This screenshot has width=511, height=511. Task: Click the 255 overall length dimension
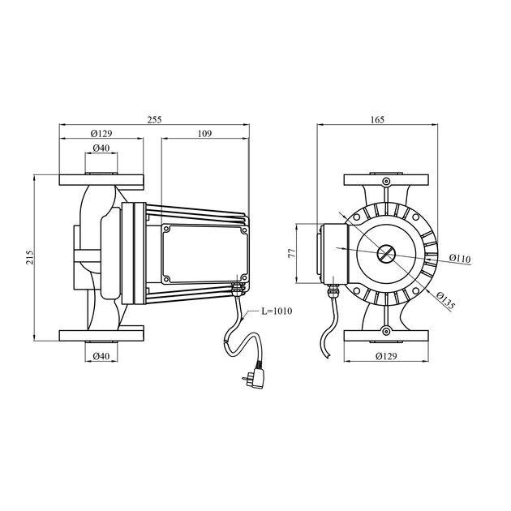pyautogui.click(x=154, y=118)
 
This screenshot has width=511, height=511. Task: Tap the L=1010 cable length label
pyautogui.click(x=277, y=310)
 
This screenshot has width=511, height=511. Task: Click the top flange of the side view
pyautogui.click(x=101, y=180)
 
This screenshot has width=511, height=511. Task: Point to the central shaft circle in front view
pyautogui.click(x=385, y=254)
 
